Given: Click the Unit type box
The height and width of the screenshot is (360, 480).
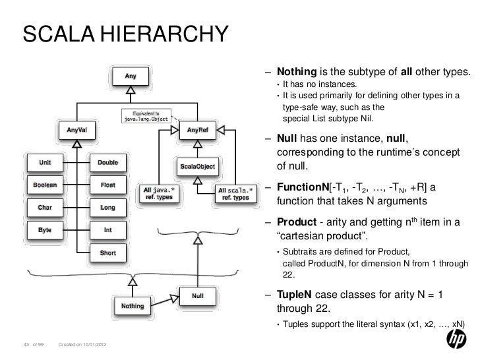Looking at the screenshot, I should coord(45,162).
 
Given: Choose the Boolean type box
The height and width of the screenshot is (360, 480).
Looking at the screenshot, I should coord(45,185).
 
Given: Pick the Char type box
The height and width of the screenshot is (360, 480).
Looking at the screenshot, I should coord(45,208).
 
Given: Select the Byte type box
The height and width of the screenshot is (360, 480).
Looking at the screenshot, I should coord(45,231).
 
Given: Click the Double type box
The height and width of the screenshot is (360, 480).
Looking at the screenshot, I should coord(108,162).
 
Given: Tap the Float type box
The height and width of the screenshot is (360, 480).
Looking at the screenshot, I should coord(108,185).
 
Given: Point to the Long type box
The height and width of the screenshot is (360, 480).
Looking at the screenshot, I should coord(108,208).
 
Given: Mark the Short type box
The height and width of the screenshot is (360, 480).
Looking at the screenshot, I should coord(108,253).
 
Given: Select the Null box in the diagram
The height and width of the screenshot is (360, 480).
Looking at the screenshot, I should coord(196,296).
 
